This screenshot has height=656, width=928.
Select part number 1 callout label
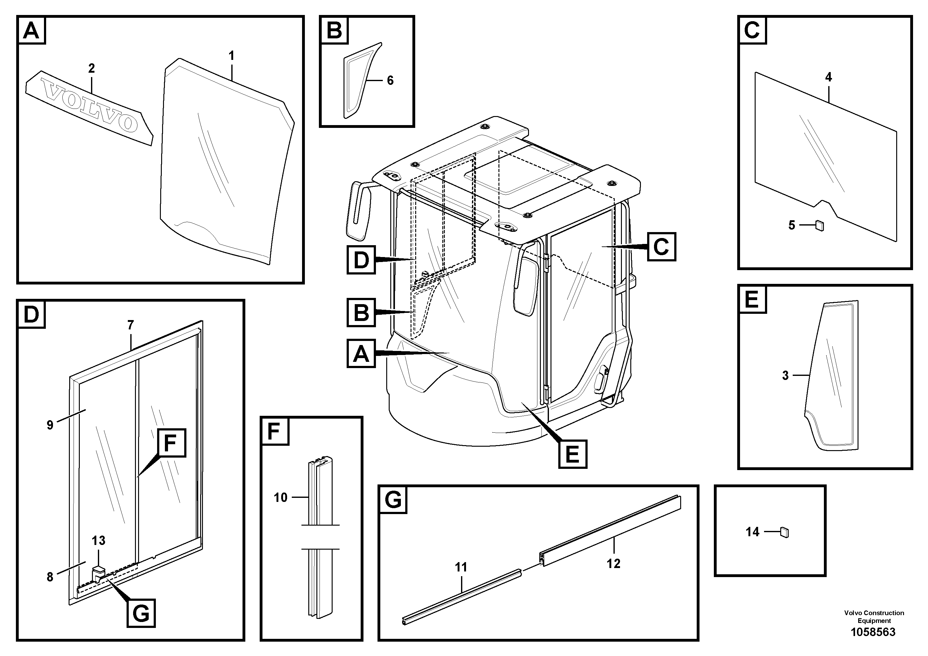pos(231,56)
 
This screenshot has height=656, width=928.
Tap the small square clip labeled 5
pos(819,225)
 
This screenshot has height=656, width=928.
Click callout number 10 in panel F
pos(280,498)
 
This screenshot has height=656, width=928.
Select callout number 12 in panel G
pos(613,563)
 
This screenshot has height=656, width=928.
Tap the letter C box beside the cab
pos(661,246)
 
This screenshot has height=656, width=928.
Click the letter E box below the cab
pos(572,454)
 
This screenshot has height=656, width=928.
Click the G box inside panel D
pos(141,613)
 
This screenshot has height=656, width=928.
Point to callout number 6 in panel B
pos(390,80)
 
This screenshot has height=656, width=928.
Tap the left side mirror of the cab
pos(358,211)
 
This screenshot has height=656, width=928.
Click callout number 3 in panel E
pos(785,375)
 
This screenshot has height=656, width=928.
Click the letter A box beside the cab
pos(361,353)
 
